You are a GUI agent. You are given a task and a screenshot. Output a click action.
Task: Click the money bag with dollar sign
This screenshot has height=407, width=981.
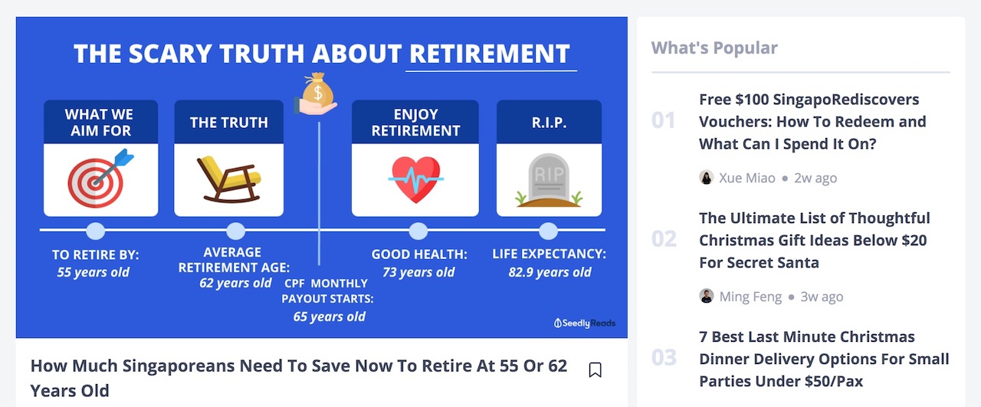point(317,90)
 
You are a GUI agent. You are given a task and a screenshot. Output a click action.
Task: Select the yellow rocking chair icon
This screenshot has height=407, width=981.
point(229,179)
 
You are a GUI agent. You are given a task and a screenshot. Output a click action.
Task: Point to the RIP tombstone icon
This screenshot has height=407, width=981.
point(549,180)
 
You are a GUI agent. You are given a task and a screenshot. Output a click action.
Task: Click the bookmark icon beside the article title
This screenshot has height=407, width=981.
point(595,369)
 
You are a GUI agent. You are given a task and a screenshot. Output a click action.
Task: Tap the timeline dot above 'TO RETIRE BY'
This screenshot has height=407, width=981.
point(96,231)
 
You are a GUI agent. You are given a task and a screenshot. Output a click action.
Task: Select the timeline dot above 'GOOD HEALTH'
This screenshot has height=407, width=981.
point(418,231)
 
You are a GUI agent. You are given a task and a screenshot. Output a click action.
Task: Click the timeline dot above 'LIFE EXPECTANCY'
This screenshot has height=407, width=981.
point(548,231)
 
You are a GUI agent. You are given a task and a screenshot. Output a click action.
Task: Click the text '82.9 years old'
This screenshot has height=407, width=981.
point(550,273)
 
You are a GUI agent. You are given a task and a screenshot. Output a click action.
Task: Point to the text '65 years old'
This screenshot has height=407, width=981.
point(330,317)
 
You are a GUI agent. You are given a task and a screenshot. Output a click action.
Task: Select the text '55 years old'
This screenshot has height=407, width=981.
point(94,273)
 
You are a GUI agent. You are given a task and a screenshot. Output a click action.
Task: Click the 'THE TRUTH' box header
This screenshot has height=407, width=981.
point(228,122)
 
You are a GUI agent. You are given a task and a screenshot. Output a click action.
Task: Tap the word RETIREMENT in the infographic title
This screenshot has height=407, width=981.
point(490,54)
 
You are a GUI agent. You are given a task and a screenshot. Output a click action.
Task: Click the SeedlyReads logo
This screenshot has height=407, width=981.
point(585,323)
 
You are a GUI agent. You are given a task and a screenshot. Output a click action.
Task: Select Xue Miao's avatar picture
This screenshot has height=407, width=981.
point(706,177)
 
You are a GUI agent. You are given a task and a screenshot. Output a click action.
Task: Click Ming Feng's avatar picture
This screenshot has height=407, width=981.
point(706,296)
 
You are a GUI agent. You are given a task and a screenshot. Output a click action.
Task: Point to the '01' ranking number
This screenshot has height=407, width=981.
point(664,120)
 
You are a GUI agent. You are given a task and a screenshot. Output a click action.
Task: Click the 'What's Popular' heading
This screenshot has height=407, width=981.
point(714,48)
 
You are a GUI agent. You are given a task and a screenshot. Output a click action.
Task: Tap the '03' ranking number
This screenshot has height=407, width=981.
point(664,357)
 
